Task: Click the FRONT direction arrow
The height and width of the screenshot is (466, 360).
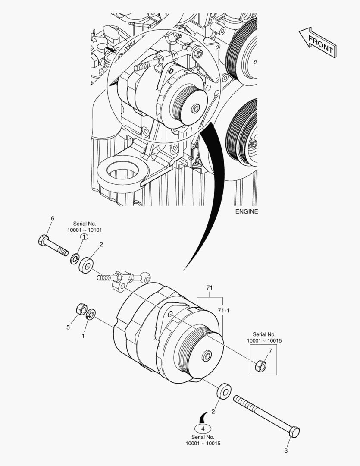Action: click(x=317, y=41)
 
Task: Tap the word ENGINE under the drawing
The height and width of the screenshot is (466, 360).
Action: click(x=247, y=211)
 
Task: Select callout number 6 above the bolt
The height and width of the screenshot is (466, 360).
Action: click(x=53, y=219)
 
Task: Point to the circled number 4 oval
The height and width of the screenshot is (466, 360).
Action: click(x=203, y=428)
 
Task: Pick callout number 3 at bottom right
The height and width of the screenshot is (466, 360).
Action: click(x=285, y=451)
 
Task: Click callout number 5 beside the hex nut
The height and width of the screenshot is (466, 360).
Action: click(x=68, y=327)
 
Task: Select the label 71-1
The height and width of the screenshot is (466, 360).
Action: click(x=223, y=311)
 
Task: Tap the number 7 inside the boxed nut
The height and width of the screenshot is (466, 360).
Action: click(x=270, y=350)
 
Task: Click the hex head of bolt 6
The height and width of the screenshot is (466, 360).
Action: click(x=43, y=240)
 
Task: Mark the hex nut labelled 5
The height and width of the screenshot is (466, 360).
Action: click(x=80, y=309)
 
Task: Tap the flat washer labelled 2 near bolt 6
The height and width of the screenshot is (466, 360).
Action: click(x=87, y=264)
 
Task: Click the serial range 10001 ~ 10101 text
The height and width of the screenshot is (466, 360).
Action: click(x=85, y=230)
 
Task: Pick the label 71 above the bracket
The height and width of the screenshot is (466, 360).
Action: click(x=210, y=287)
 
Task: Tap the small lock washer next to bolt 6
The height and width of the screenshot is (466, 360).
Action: click(x=74, y=259)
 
